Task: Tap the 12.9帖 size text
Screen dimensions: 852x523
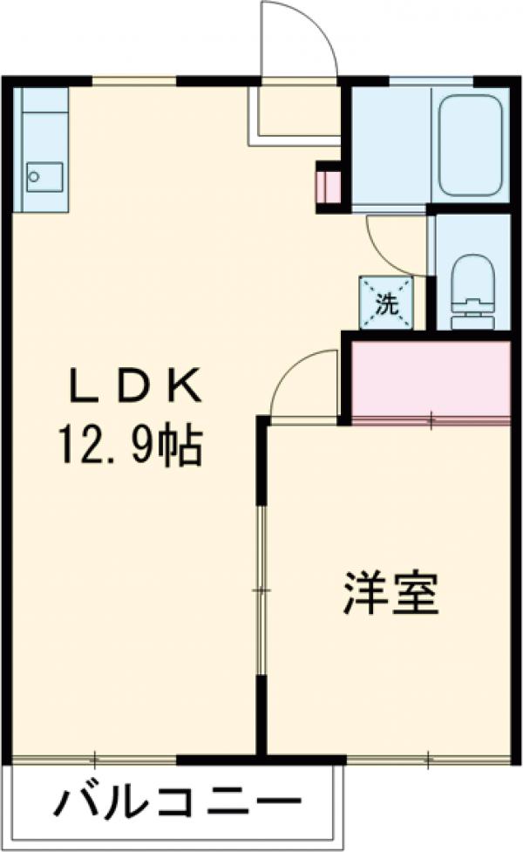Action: [131, 447]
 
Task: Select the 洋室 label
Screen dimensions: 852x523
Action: [390, 594]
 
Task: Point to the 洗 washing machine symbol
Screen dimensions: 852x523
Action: [386, 303]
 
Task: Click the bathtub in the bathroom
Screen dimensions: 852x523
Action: [471, 144]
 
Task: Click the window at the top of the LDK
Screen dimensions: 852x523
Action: [134, 82]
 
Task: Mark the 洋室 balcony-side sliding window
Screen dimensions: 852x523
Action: [429, 760]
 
